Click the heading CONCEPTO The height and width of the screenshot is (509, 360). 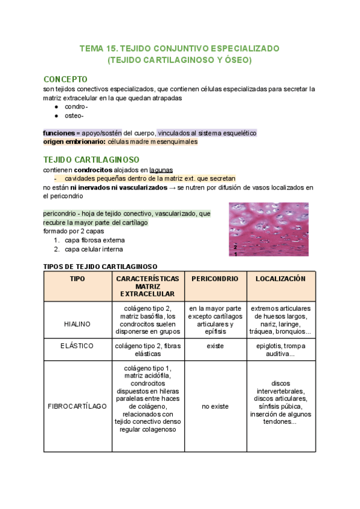66,79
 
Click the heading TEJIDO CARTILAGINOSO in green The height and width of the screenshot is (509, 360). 91,160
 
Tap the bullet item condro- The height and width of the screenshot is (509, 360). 76,107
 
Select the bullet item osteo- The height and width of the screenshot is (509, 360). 75,116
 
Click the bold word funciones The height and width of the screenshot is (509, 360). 59,133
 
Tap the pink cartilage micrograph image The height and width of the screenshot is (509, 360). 269,229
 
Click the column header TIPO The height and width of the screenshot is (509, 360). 77,279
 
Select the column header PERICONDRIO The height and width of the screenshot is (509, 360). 215,279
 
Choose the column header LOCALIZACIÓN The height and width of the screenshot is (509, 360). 280,279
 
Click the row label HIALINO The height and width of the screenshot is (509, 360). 77,324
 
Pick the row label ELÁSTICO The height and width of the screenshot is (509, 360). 77,346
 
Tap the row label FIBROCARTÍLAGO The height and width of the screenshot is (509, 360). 77,406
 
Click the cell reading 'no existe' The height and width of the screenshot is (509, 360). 215,406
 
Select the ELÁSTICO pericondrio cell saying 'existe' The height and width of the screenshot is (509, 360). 215,346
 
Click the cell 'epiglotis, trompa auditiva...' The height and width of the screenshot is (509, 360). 280,350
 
